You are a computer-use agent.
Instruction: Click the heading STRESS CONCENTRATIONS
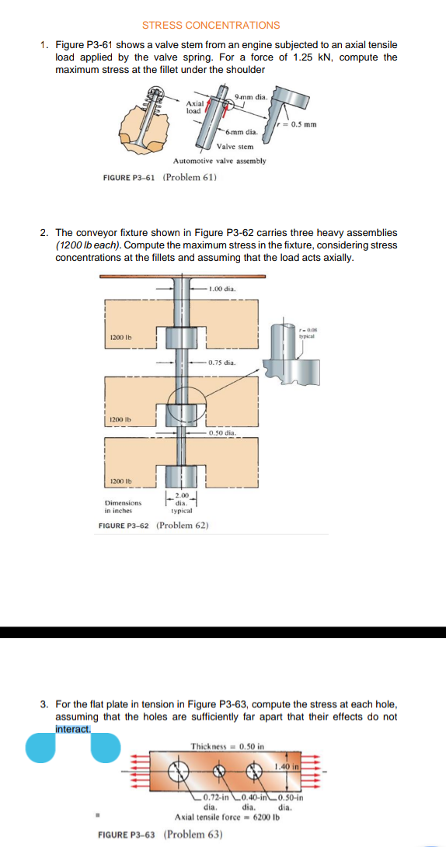211,26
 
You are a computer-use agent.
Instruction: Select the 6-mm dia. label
242,132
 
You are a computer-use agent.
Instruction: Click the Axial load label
194,106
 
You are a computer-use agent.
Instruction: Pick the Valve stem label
235,146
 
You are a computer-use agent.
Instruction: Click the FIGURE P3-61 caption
159,177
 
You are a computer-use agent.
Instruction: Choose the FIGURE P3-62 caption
153,526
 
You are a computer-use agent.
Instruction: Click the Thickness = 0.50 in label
227,746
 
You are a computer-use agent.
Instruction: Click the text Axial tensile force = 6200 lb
227,817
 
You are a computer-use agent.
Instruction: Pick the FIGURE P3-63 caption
160,835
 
